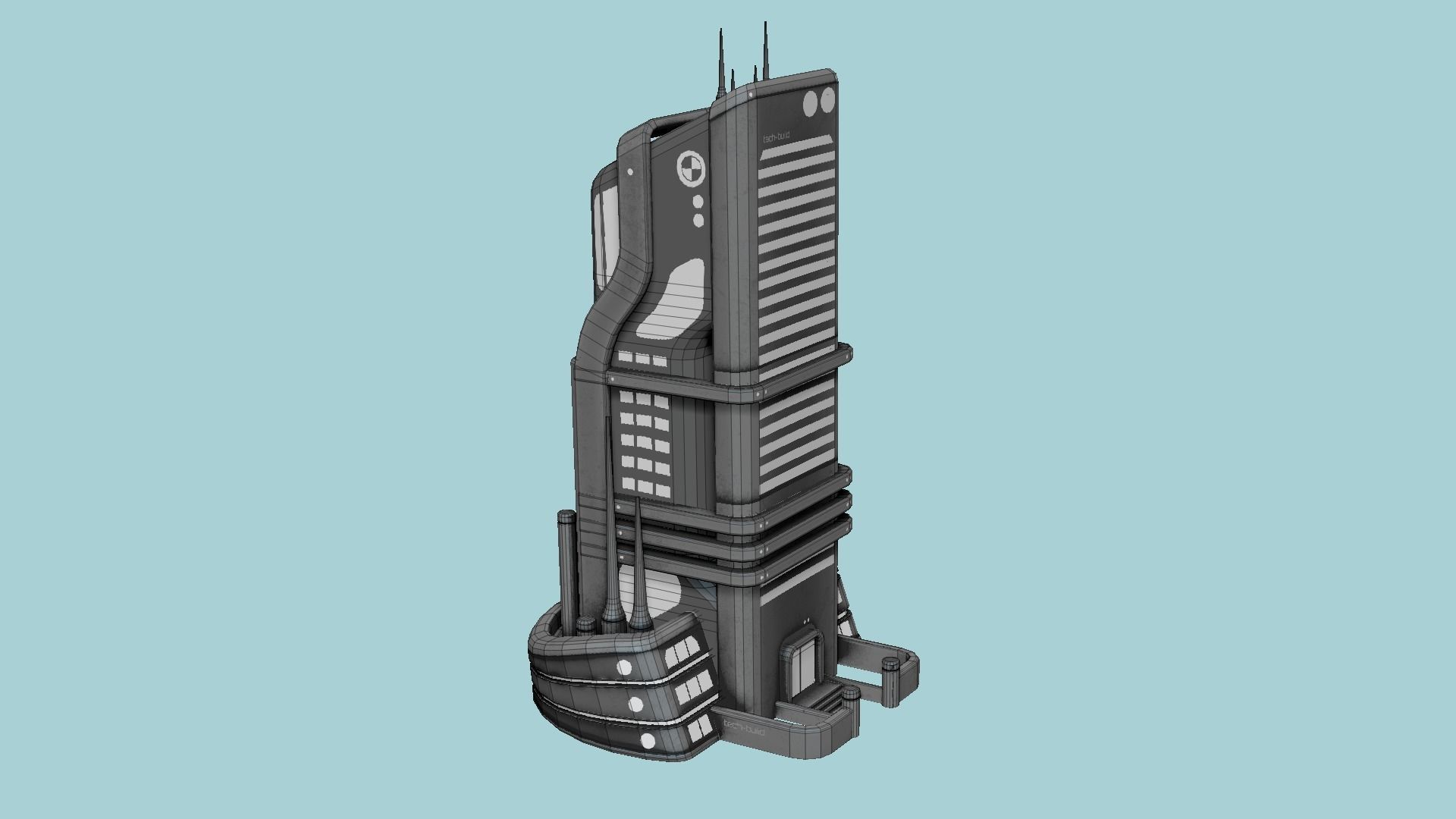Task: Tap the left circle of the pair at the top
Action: click(811, 103)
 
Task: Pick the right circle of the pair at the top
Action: click(827, 100)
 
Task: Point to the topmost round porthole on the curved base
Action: click(624, 667)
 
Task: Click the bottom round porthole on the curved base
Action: click(648, 741)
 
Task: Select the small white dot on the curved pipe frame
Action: click(629, 172)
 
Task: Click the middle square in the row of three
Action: click(642, 358)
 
